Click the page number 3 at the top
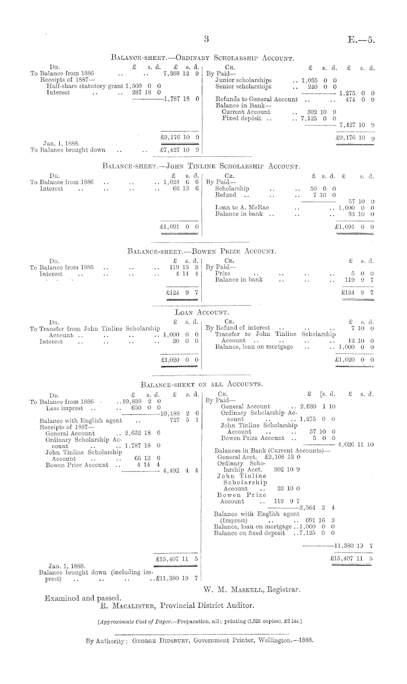[206, 40]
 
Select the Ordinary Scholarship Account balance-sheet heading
[202, 58]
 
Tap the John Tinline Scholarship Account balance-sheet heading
[201, 166]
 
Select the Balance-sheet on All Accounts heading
[201, 384]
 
